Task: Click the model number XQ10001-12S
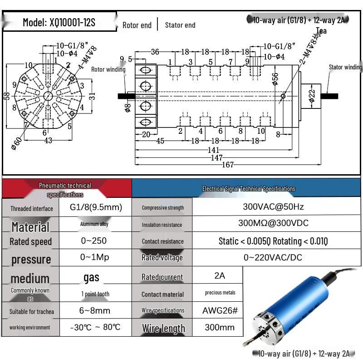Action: point(59,22)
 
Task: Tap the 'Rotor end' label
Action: point(137,25)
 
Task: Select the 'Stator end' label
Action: point(180,25)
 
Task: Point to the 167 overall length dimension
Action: point(228,165)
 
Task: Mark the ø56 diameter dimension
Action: point(275,78)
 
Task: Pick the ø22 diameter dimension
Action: point(312,96)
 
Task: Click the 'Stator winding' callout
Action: point(345,67)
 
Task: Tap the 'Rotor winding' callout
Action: point(108,69)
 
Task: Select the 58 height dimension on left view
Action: point(6,96)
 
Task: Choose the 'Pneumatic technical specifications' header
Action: point(65,190)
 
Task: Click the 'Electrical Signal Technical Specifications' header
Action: point(248,189)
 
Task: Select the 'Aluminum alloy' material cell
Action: point(94,224)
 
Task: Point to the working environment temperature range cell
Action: point(95,327)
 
